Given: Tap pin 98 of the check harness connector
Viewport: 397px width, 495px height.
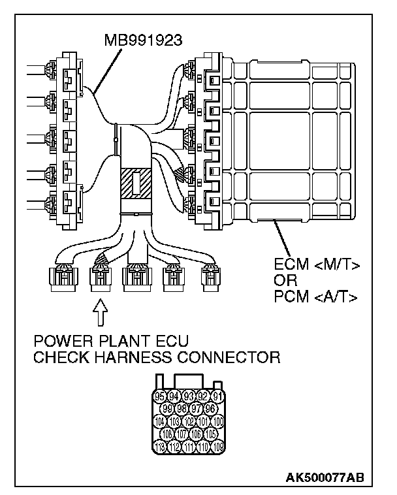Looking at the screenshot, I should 182,409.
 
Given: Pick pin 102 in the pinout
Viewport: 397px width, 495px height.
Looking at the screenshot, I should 189,421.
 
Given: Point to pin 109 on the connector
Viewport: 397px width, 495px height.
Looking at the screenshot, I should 217,447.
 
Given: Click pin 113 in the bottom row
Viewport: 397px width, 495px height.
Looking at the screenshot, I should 160,447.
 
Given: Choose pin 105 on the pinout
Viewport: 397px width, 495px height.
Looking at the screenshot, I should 210,434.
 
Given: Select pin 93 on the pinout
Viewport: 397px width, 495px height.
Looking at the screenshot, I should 189,396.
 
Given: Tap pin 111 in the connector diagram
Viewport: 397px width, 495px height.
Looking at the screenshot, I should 189,447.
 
